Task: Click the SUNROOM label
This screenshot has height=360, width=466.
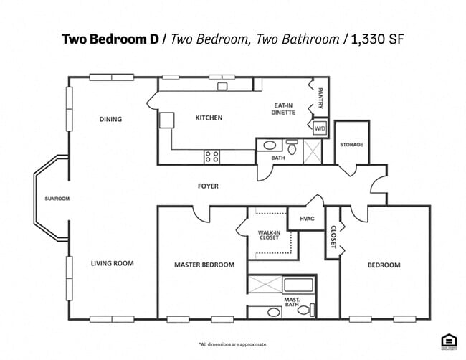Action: pyautogui.click(x=57, y=199)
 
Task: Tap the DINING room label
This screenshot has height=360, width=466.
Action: pyautogui.click(x=110, y=119)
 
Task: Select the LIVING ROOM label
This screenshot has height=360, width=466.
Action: pyautogui.click(x=112, y=263)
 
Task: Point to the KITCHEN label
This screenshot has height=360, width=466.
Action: pyautogui.click(x=209, y=118)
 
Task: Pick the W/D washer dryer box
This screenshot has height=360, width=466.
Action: pyautogui.click(x=320, y=128)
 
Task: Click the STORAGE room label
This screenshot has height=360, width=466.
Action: pyautogui.click(x=351, y=145)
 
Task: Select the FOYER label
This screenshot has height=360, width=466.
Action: pyautogui.click(x=208, y=186)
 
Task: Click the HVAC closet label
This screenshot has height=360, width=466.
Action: pyautogui.click(x=306, y=219)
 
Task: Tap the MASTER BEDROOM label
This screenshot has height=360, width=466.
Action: pyautogui.click(x=204, y=265)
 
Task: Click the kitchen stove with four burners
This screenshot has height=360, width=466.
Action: pyautogui.click(x=212, y=156)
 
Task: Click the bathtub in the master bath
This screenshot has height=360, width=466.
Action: pyautogui.click(x=297, y=285)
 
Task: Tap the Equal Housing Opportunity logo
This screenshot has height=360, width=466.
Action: pyautogui.click(x=449, y=341)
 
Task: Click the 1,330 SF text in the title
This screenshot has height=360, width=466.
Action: pyautogui.click(x=376, y=39)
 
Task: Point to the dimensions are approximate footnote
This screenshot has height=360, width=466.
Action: pyautogui.click(x=233, y=344)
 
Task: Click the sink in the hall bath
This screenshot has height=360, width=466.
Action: pyautogui.click(x=270, y=146)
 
